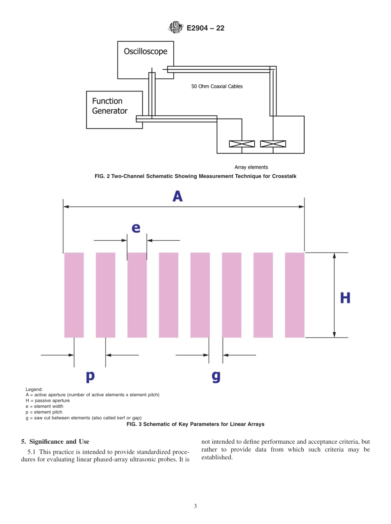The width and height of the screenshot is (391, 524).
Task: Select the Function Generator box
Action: pyautogui.click(x=114, y=110)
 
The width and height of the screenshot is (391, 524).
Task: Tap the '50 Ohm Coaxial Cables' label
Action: pyautogui.click(x=217, y=87)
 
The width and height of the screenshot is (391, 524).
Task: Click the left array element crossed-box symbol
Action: pyautogui.click(x=242, y=144)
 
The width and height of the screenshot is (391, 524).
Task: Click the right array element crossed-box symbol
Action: pyautogui.click(x=273, y=144)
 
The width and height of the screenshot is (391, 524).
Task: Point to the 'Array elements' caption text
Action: pyautogui.click(x=251, y=167)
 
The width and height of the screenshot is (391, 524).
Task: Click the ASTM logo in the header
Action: pyautogui.click(x=175, y=28)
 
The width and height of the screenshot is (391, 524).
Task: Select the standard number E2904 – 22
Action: pyautogui.click(x=205, y=28)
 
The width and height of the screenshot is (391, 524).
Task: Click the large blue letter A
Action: pyautogui.click(x=177, y=196)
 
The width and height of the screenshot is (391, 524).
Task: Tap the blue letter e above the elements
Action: pyautogui.click(x=136, y=227)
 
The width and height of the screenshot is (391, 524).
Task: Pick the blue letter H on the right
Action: pyautogui.click(x=345, y=298)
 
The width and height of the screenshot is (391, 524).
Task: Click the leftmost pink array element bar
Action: pyautogui.click(x=74, y=295)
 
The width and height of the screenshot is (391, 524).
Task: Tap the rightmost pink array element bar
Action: pyautogui.click(x=295, y=295)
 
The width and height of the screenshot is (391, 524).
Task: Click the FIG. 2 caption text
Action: pyautogui.click(x=195, y=176)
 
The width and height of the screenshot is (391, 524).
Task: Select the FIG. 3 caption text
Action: pyautogui.click(x=195, y=424)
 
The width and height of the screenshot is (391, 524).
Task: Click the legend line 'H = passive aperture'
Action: pyautogui.click(x=48, y=400)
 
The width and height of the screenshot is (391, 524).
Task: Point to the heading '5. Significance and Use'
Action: pyautogui.click(x=55, y=442)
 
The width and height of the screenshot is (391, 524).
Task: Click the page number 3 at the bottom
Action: pyautogui.click(x=195, y=506)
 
